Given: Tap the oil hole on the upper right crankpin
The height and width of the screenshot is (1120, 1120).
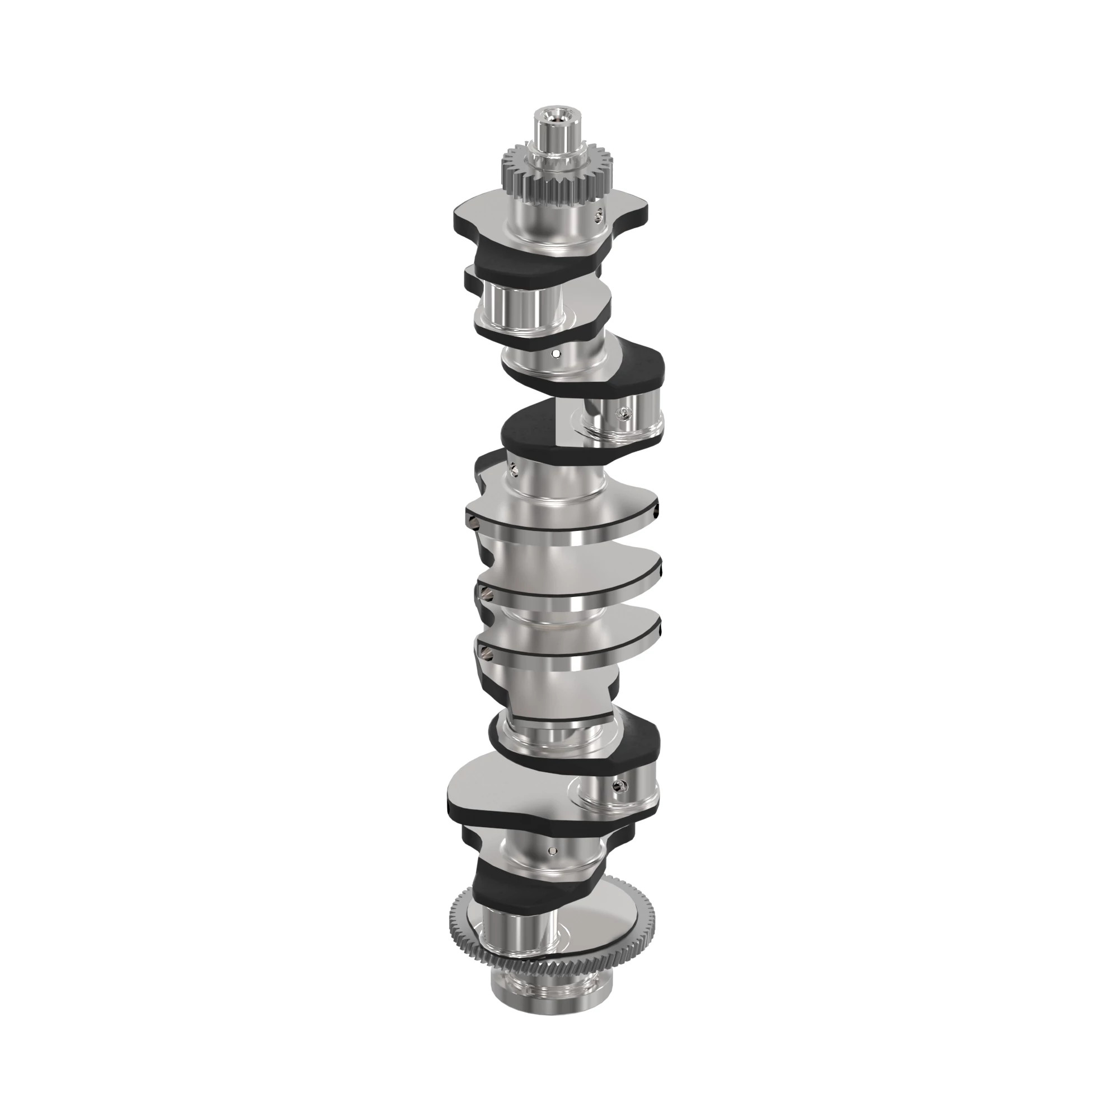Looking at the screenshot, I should pos(623,413).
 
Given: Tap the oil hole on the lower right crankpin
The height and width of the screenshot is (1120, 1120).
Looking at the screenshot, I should pos(618,785).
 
